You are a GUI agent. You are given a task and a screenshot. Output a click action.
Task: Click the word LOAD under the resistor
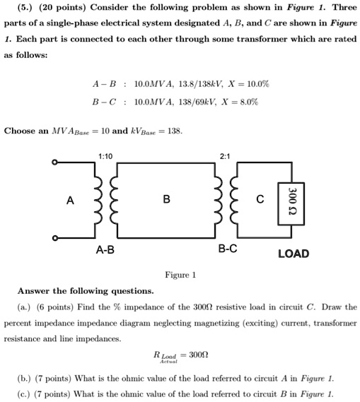coord(293,253)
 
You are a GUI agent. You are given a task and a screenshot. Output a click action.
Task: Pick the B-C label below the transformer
coord(228,248)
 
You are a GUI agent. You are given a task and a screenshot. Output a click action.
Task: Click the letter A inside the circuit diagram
coord(69,200)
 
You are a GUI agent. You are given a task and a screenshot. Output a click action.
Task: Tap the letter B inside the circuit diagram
coord(166,199)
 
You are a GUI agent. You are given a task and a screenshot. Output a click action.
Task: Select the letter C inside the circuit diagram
coord(260,199)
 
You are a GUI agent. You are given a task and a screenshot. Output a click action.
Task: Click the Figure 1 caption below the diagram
coord(180,274)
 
